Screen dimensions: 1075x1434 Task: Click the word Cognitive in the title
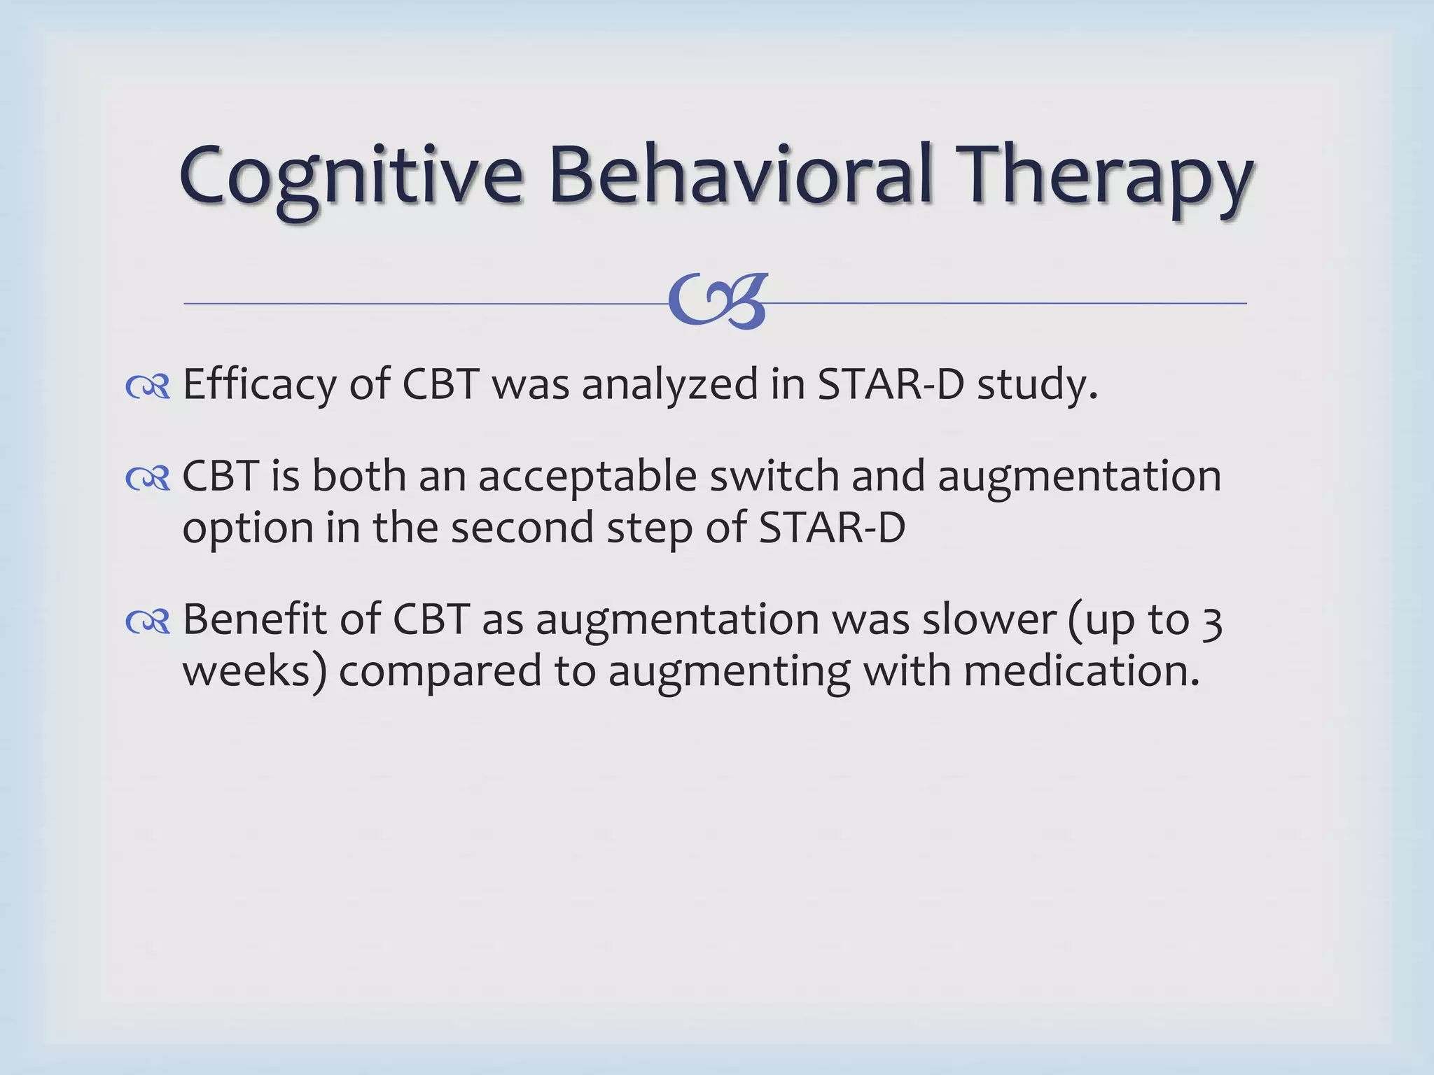350,175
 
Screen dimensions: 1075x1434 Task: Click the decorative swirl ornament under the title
718,302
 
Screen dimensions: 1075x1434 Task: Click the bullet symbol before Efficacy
148,386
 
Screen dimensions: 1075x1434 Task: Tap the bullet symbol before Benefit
148,621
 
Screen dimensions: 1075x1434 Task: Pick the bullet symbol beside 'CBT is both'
148,479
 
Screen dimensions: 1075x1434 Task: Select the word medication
1082,670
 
